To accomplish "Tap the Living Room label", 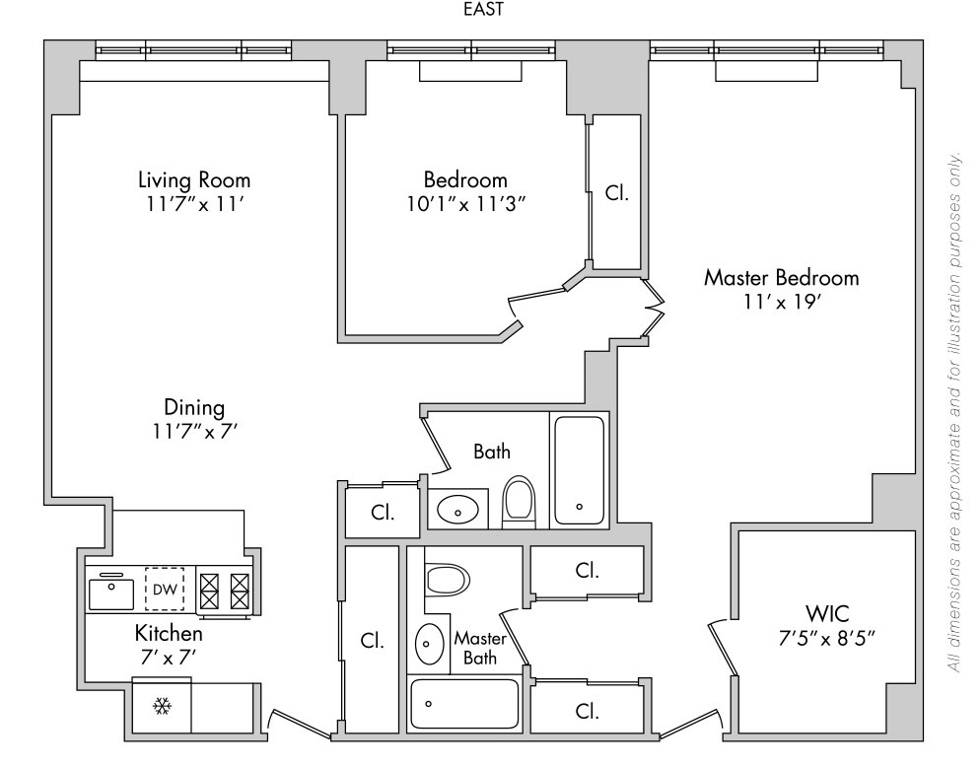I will point(194,180).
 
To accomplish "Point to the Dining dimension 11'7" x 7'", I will point(194,430).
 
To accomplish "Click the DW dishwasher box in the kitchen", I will point(164,591).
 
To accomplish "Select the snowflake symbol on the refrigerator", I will point(161,708).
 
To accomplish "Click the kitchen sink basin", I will point(110,593).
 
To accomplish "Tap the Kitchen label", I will point(169,633).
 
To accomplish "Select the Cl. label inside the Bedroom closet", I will point(616,193).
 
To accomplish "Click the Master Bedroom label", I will point(781,278).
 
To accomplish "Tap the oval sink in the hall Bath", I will point(458,509).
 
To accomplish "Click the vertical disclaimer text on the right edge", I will point(954,414).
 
